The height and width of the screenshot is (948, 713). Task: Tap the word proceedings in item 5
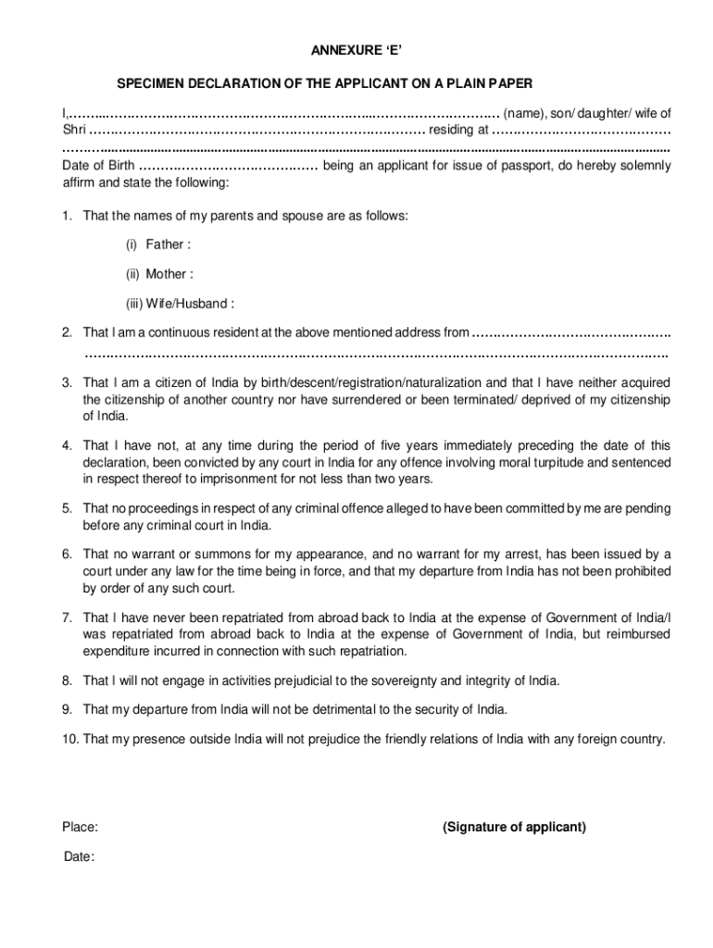[x=163, y=508]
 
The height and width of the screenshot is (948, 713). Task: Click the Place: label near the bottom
[x=81, y=827]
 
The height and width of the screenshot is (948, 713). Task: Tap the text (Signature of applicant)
[x=514, y=827]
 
